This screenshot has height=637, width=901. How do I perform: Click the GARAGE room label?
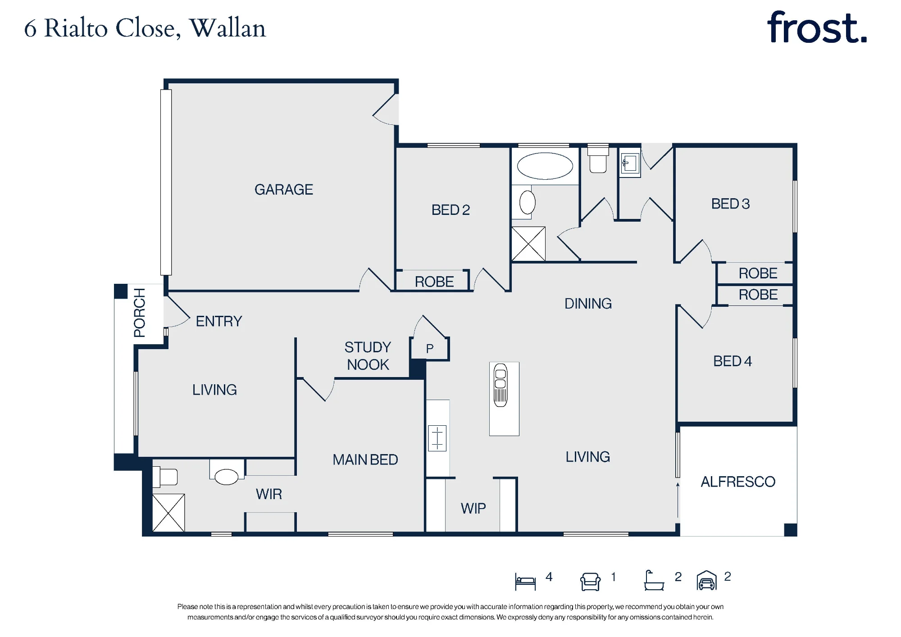tap(284, 190)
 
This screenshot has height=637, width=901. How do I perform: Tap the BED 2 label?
tap(450, 210)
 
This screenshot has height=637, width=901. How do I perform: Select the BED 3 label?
tap(731, 204)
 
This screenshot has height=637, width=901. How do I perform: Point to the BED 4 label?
tap(733, 361)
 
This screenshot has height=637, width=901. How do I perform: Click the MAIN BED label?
tap(365, 460)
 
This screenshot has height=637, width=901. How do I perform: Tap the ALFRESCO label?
tap(738, 482)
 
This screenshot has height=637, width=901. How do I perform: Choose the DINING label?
tap(588, 304)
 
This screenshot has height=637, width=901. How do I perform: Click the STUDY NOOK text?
tap(368, 356)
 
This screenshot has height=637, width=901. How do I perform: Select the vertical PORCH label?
tap(140, 313)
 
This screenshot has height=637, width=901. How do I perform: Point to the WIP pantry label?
tap(473, 509)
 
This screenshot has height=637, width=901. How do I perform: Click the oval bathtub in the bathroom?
tap(545, 166)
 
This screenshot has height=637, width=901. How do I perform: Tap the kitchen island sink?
tap(501, 385)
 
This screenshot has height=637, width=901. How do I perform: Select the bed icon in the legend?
tap(525, 581)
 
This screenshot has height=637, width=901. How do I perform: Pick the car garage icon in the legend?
tap(706, 580)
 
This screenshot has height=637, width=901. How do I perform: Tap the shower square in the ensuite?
tap(168, 513)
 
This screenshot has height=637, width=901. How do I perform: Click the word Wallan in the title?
tap(228, 28)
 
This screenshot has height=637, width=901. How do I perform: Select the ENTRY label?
tap(219, 321)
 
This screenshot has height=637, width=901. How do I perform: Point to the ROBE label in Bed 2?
tap(434, 282)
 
